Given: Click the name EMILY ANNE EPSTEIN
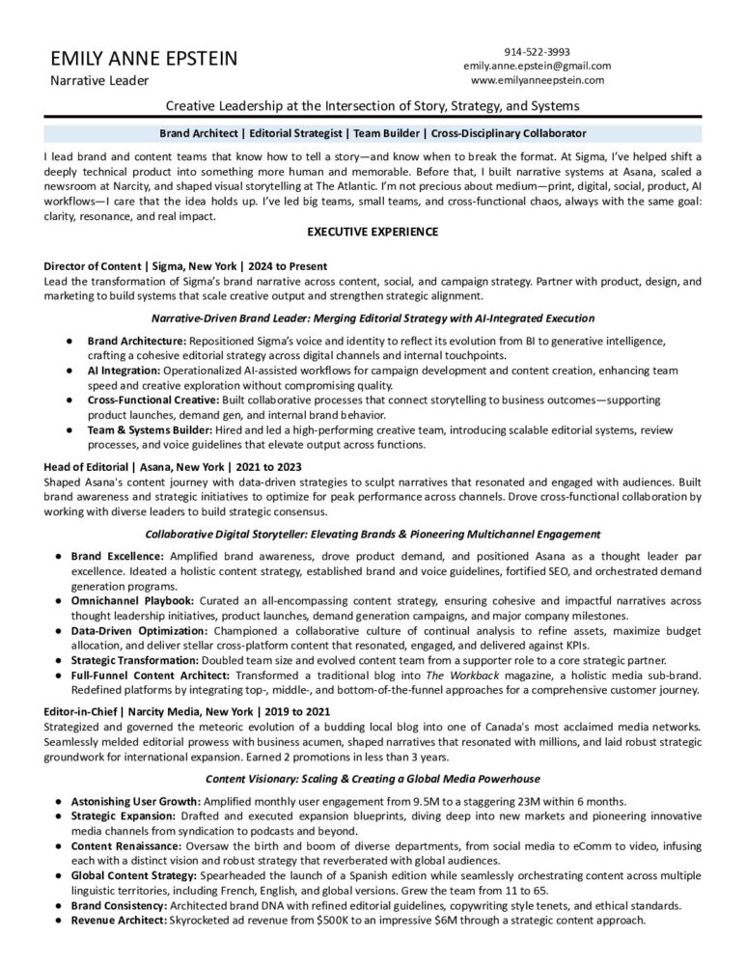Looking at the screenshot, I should (144, 59).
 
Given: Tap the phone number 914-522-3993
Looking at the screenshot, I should (537, 51).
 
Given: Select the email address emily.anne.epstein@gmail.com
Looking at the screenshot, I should (537, 66).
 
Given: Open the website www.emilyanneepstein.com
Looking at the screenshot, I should (537, 80).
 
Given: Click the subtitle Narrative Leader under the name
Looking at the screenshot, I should (97, 81).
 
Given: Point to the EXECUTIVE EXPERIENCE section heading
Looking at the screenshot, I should (373, 232).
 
